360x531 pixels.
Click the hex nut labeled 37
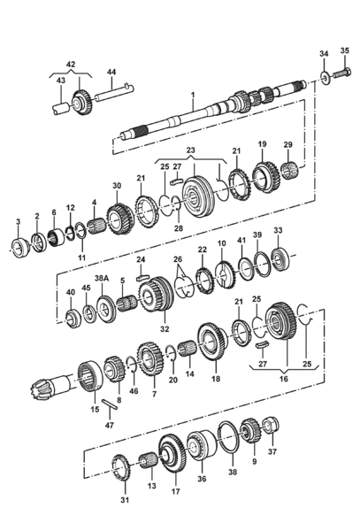click(x=271, y=425)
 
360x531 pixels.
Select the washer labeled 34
click(x=326, y=78)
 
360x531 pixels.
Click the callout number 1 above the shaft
click(x=193, y=96)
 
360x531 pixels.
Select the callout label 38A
click(x=102, y=278)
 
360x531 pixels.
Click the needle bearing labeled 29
click(x=288, y=171)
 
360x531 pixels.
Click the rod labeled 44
click(x=114, y=93)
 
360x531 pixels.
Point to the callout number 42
click(x=71, y=65)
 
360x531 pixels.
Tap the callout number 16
click(x=284, y=378)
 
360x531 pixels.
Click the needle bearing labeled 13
click(x=148, y=462)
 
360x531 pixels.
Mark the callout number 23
click(x=190, y=150)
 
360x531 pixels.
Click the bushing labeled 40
click(x=73, y=319)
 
